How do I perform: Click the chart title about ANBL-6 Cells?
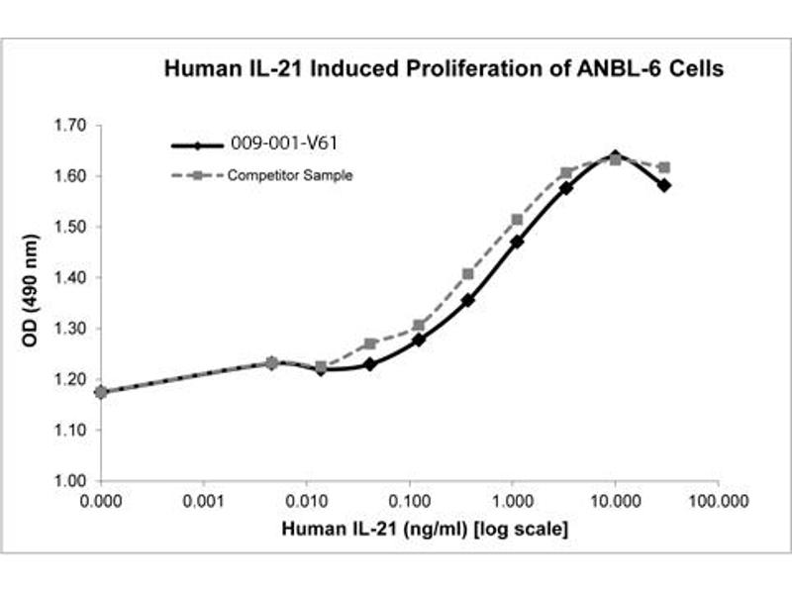(445, 69)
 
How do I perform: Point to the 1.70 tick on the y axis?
(72, 126)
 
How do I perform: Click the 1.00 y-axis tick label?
(72, 481)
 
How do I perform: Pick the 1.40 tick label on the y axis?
(72, 278)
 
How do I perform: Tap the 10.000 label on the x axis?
(615, 502)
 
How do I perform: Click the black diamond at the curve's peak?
(615, 156)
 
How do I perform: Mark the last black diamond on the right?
(663, 185)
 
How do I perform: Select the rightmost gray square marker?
(663, 167)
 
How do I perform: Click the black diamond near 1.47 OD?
(518, 242)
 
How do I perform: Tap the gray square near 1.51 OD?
(517, 220)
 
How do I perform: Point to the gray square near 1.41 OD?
(468, 273)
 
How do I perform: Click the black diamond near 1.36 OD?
(468, 300)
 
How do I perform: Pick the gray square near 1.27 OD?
(370, 344)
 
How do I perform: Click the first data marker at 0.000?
(101, 392)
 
